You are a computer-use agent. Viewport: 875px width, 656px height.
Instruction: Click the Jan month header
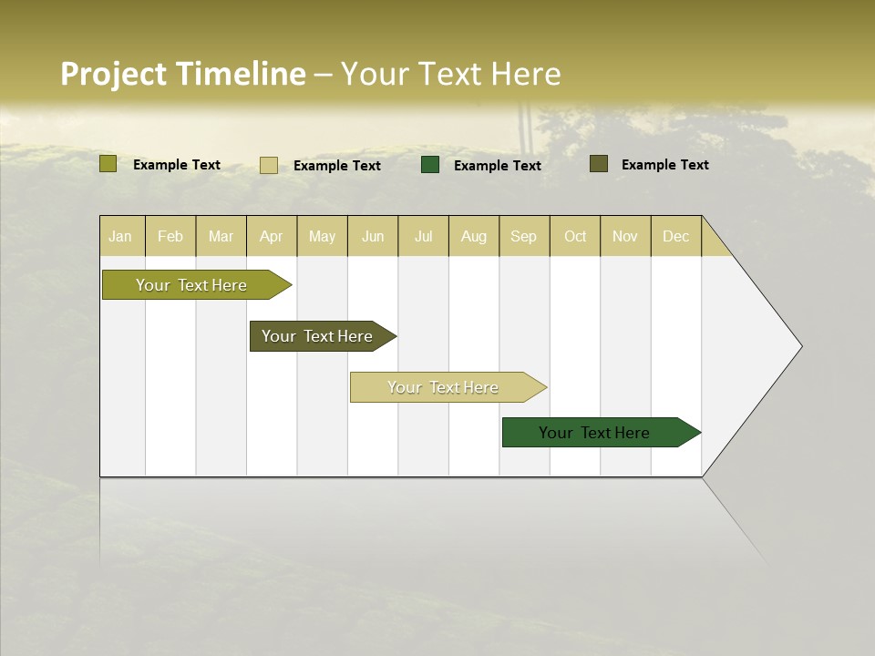click(x=120, y=236)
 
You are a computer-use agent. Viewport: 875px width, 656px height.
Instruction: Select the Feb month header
click(x=170, y=236)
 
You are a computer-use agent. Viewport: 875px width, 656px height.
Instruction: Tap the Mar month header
click(x=221, y=236)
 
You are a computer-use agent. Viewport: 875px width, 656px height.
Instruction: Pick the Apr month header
click(x=272, y=236)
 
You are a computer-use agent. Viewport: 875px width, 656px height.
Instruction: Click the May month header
click(x=322, y=236)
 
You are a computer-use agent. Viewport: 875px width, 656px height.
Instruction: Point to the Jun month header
click(x=373, y=236)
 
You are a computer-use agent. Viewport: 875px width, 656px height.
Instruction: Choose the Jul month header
click(x=423, y=236)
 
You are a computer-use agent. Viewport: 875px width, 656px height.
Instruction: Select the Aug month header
click(x=474, y=236)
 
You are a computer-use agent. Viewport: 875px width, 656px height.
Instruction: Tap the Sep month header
click(x=524, y=236)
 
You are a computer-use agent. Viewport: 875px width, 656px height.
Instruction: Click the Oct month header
click(x=575, y=236)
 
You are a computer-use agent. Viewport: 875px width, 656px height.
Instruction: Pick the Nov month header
click(x=625, y=236)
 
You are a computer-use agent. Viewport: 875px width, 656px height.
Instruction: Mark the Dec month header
click(x=676, y=236)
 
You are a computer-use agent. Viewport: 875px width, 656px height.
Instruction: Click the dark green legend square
click(x=430, y=165)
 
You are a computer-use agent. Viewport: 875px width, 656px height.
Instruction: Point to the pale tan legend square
click(x=268, y=165)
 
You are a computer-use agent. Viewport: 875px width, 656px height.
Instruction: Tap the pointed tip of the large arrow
click(x=799, y=346)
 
